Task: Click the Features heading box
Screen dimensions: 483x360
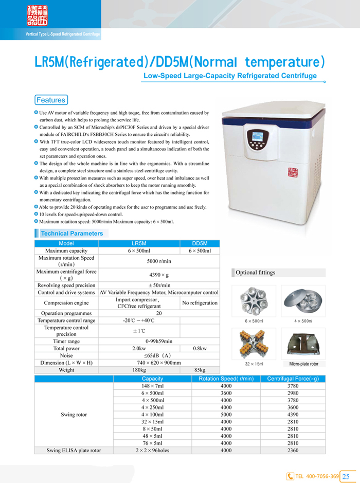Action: (50, 100)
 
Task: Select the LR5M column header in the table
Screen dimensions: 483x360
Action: (139, 243)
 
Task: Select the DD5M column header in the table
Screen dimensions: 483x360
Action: (200, 243)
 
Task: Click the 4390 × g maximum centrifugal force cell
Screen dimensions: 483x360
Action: (159, 275)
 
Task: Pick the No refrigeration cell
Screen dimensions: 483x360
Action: (200, 303)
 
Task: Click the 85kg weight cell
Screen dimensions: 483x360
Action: (200, 370)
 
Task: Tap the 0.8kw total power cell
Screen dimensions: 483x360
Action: (200, 348)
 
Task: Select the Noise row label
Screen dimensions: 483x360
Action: (66, 355)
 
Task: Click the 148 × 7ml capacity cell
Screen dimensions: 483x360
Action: (152, 386)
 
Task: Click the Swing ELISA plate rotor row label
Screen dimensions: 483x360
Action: (74, 450)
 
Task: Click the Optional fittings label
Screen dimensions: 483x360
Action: (256, 273)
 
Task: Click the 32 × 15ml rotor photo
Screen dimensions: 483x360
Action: (254, 345)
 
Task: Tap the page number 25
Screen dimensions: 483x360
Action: (346, 476)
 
